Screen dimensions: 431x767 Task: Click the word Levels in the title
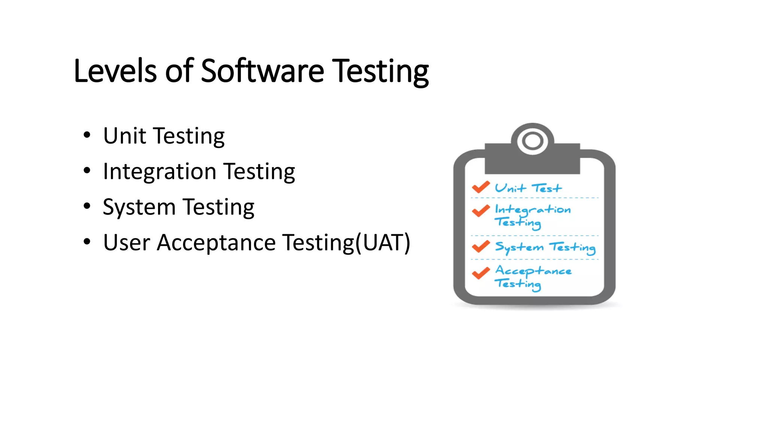115,71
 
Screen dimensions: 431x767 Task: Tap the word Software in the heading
262,71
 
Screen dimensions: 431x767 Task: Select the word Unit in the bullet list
124,136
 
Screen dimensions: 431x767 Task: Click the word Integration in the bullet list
160,172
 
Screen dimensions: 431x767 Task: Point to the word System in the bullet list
139,207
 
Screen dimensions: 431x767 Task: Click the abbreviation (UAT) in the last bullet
383,242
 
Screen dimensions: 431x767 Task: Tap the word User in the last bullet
127,242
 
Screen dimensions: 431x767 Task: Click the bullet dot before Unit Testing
87,135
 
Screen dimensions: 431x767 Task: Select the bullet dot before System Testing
87,206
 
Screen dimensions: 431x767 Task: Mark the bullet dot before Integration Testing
87,171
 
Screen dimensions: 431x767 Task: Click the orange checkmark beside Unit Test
480,187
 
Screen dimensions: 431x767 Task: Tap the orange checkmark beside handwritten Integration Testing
480,211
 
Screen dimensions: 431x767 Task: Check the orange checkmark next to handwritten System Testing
480,246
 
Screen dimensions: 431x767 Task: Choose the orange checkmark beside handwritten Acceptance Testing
480,273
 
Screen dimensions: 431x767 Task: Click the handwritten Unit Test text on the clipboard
528,188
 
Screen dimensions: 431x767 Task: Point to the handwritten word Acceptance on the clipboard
533,271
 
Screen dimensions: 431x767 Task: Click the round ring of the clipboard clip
532,141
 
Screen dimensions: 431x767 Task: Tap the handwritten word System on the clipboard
519,247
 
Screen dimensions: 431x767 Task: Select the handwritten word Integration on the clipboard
533,210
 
